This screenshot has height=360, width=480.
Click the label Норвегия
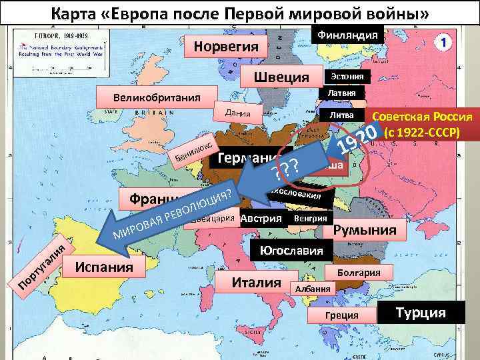(227, 47)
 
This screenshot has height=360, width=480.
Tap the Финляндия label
(347, 35)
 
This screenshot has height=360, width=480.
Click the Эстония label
(347, 77)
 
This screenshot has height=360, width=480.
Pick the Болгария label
(364, 273)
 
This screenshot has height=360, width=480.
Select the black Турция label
(421, 312)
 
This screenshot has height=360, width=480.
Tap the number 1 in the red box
(444, 41)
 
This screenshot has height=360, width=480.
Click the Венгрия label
(311, 218)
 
